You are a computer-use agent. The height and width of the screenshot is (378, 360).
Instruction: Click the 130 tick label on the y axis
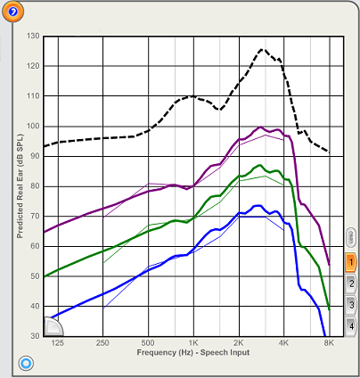point(33,36)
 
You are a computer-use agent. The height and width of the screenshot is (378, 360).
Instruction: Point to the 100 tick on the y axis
point(33,126)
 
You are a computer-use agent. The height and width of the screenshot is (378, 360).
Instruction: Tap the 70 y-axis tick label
point(34,216)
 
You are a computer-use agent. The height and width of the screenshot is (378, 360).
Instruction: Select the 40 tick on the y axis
point(34,306)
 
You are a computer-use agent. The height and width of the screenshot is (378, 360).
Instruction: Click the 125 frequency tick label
point(57,343)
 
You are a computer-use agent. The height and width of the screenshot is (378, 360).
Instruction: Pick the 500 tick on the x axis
point(148,343)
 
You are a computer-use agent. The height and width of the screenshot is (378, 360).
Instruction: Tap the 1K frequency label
point(193,343)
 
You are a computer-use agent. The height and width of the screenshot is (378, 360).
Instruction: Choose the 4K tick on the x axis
point(283,343)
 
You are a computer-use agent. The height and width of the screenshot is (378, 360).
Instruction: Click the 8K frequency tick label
point(329,343)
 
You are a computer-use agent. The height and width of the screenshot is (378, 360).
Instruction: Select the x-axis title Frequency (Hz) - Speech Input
point(193,352)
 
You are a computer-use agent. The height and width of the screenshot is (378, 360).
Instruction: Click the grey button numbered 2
point(351,283)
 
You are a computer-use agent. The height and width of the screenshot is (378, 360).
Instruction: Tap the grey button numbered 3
point(351,305)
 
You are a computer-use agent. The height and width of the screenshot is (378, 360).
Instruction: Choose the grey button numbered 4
point(351,326)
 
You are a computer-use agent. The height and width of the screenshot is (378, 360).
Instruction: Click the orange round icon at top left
point(12,12)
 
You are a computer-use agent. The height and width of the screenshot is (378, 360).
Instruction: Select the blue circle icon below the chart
point(26,363)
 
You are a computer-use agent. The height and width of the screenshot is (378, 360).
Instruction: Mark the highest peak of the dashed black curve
point(262,49)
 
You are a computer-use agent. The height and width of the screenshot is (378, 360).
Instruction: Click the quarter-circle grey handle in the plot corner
point(53,326)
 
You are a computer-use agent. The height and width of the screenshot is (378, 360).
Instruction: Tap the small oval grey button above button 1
point(351,237)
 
